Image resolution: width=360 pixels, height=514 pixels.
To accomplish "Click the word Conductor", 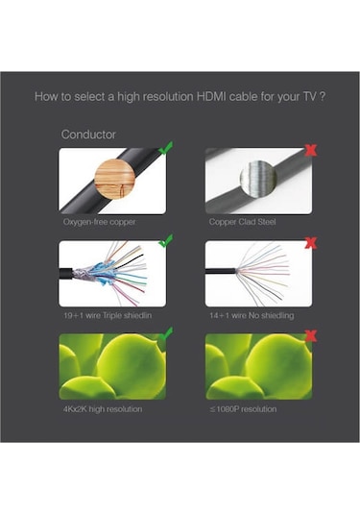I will point(88,135).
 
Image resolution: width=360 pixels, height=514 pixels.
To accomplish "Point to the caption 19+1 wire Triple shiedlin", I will point(107,315).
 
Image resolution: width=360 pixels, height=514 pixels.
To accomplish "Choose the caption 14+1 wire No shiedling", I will point(251,315).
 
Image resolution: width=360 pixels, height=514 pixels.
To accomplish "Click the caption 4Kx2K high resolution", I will point(101,409).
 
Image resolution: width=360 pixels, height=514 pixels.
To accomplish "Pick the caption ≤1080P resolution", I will point(243,409).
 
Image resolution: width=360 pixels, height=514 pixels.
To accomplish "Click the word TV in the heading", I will point(308,96).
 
